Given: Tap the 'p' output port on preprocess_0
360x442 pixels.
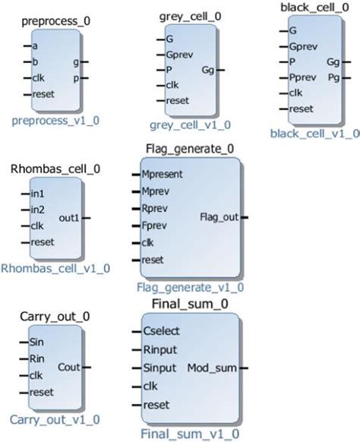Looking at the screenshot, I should tap(75, 77).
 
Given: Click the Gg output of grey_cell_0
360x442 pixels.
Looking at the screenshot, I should tap(207, 70).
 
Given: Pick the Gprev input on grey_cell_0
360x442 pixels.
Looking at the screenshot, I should tap(180, 55).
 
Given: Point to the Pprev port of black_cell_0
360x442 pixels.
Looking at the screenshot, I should tap(304, 77).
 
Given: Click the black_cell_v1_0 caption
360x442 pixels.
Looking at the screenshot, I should tap(313, 133).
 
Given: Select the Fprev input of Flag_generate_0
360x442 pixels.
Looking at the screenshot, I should tap(158, 226).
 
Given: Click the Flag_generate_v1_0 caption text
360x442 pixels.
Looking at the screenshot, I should tap(190, 287).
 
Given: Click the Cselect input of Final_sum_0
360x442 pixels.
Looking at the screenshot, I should tap(160, 331).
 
